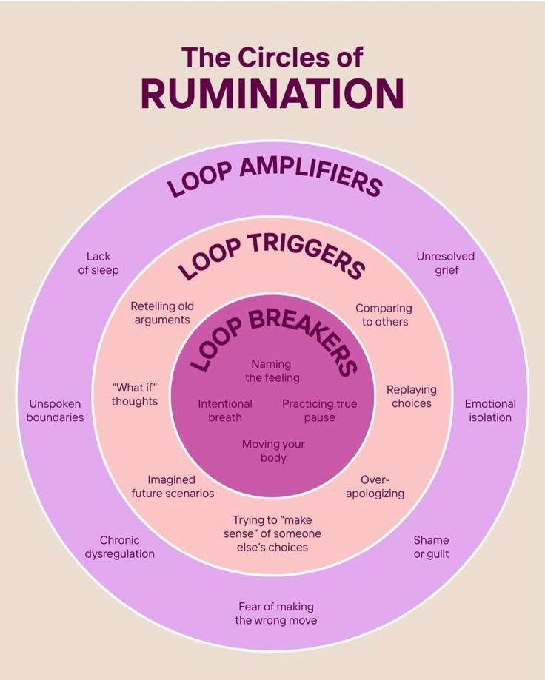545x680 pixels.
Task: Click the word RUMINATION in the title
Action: click(x=272, y=94)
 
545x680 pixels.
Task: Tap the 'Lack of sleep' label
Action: click(x=98, y=263)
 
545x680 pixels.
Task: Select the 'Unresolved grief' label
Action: click(x=446, y=263)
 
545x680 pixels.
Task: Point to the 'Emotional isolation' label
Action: click(x=490, y=410)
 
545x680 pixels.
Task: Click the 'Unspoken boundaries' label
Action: click(x=55, y=410)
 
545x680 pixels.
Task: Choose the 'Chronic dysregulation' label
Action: click(x=120, y=547)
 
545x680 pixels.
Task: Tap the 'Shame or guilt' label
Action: click(x=431, y=547)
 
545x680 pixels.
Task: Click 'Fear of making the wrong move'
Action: click(x=276, y=613)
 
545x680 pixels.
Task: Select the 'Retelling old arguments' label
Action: click(x=162, y=313)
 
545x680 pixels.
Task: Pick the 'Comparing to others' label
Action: click(x=384, y=315)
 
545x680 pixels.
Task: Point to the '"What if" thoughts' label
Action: click(x=135, y=394)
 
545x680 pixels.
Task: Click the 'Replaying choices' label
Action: click(x=412, y=397)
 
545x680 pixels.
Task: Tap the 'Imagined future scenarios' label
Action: click(x=173, y=487)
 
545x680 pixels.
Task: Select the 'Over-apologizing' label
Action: click(x=375, y=487)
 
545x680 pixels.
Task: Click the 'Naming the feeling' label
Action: click(x=272, y=371)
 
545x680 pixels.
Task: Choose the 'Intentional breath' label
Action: click(x=225, y=410)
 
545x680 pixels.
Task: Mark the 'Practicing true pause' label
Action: click(x=320, y=410)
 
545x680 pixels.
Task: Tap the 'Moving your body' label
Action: click(x=273, y=451)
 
